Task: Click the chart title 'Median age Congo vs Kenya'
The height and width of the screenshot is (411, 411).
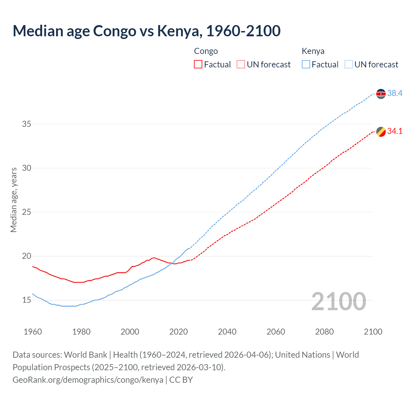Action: pos(146,31)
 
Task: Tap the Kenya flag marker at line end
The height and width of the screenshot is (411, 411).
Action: pos(381,94)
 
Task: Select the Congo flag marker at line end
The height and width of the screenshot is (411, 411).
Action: pos(381,132)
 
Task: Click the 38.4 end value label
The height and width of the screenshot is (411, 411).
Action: pos(395,93)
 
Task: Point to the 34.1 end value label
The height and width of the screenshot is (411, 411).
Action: pos(395,131)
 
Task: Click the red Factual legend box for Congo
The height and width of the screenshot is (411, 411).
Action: pos(198,65)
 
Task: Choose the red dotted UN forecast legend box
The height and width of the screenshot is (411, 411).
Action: pos(241,65)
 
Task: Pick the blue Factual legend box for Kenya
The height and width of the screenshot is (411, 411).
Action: pos(306,65)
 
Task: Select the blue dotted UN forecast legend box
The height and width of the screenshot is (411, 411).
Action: pos(348,65)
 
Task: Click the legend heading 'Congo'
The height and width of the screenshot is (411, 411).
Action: pos(206,51)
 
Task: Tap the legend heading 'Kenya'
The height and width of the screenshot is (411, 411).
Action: pos(313,51)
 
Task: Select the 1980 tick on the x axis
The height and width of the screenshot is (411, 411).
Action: pos(81,332)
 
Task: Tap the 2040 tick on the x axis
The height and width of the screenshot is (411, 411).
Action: pos(227,332)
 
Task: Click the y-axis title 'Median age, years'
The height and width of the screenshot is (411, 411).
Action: pos(13,200)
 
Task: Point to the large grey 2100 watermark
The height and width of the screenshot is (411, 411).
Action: pos(338,301)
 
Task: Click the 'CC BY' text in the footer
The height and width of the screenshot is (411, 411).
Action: pos(181,380)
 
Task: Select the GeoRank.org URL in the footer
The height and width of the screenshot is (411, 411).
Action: pos(88,380)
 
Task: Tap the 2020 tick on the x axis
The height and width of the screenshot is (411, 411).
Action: pos(179,332)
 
